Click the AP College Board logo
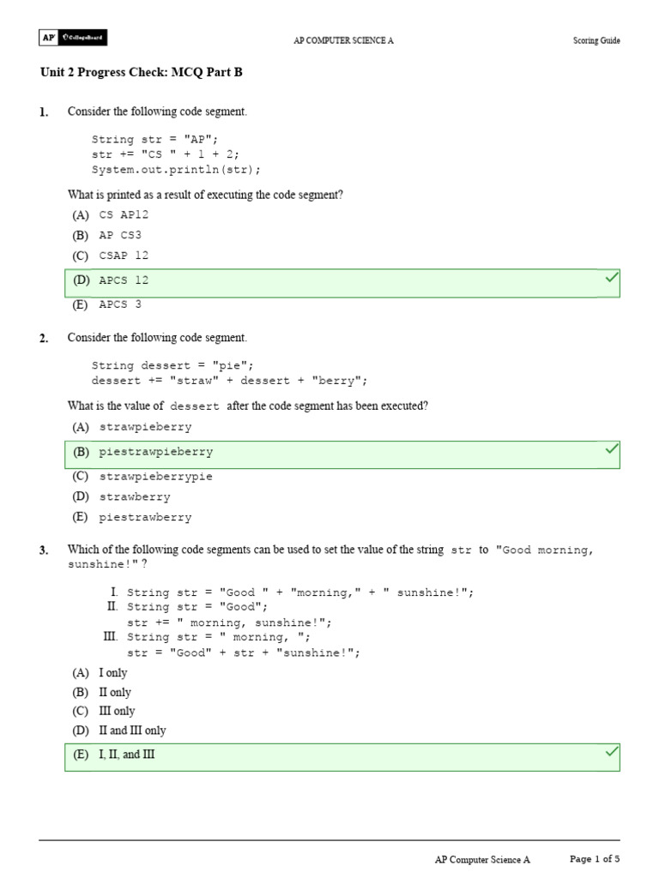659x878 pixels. tap(73, 39)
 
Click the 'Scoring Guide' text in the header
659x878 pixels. tap(596, 40)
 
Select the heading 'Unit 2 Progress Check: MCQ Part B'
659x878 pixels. tap(142, 73)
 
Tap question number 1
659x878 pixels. tap(44, 112)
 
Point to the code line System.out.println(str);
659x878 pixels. tap(176, 169)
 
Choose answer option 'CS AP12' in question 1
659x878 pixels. tap(124, 215)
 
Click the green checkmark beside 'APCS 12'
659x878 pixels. tap(612, 278)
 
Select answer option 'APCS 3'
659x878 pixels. tap(120, 304)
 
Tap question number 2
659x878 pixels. tap(44, 339)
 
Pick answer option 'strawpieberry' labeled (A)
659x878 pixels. tap(145, 427)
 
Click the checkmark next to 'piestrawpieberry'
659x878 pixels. tap(612, 448)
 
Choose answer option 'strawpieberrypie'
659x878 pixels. tap(155, 477)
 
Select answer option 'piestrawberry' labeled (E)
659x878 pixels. tap(145, 518)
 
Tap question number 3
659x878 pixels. tap(44, 550)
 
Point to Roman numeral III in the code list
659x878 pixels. tap(110, 637)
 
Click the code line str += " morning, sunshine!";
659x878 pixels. tap(229, 622)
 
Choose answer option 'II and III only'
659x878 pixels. tap(132, 731)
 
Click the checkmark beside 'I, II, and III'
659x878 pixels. tap(612, 752)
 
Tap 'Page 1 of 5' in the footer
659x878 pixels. tap(595, 858)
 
